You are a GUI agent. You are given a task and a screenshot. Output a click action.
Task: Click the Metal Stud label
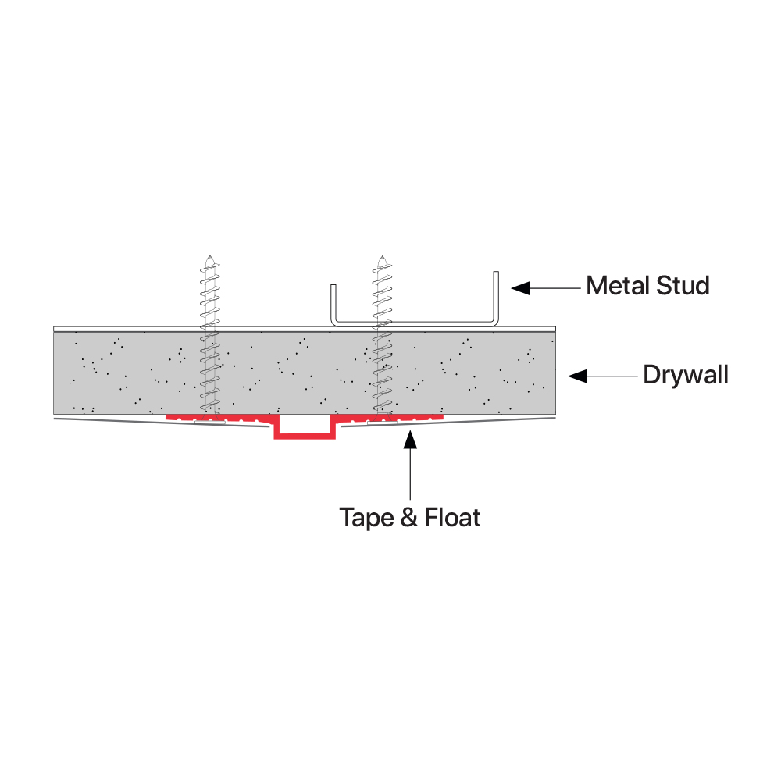click(647, 286)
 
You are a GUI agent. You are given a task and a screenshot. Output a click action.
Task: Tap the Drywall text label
click(685, 375)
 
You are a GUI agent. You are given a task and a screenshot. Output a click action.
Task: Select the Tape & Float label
click(409, 517)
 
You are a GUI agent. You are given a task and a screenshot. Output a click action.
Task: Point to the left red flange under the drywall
click(219, 419)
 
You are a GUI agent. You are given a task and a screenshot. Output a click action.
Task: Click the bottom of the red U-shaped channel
click(305, 436)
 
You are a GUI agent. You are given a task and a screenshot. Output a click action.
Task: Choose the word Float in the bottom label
click(452, 517)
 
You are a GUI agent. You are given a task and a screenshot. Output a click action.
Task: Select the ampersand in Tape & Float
click(409, 517)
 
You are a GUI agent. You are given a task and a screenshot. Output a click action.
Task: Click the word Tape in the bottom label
click(367, 518)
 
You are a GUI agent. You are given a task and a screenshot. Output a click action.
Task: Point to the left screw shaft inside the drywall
click(209, 371)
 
